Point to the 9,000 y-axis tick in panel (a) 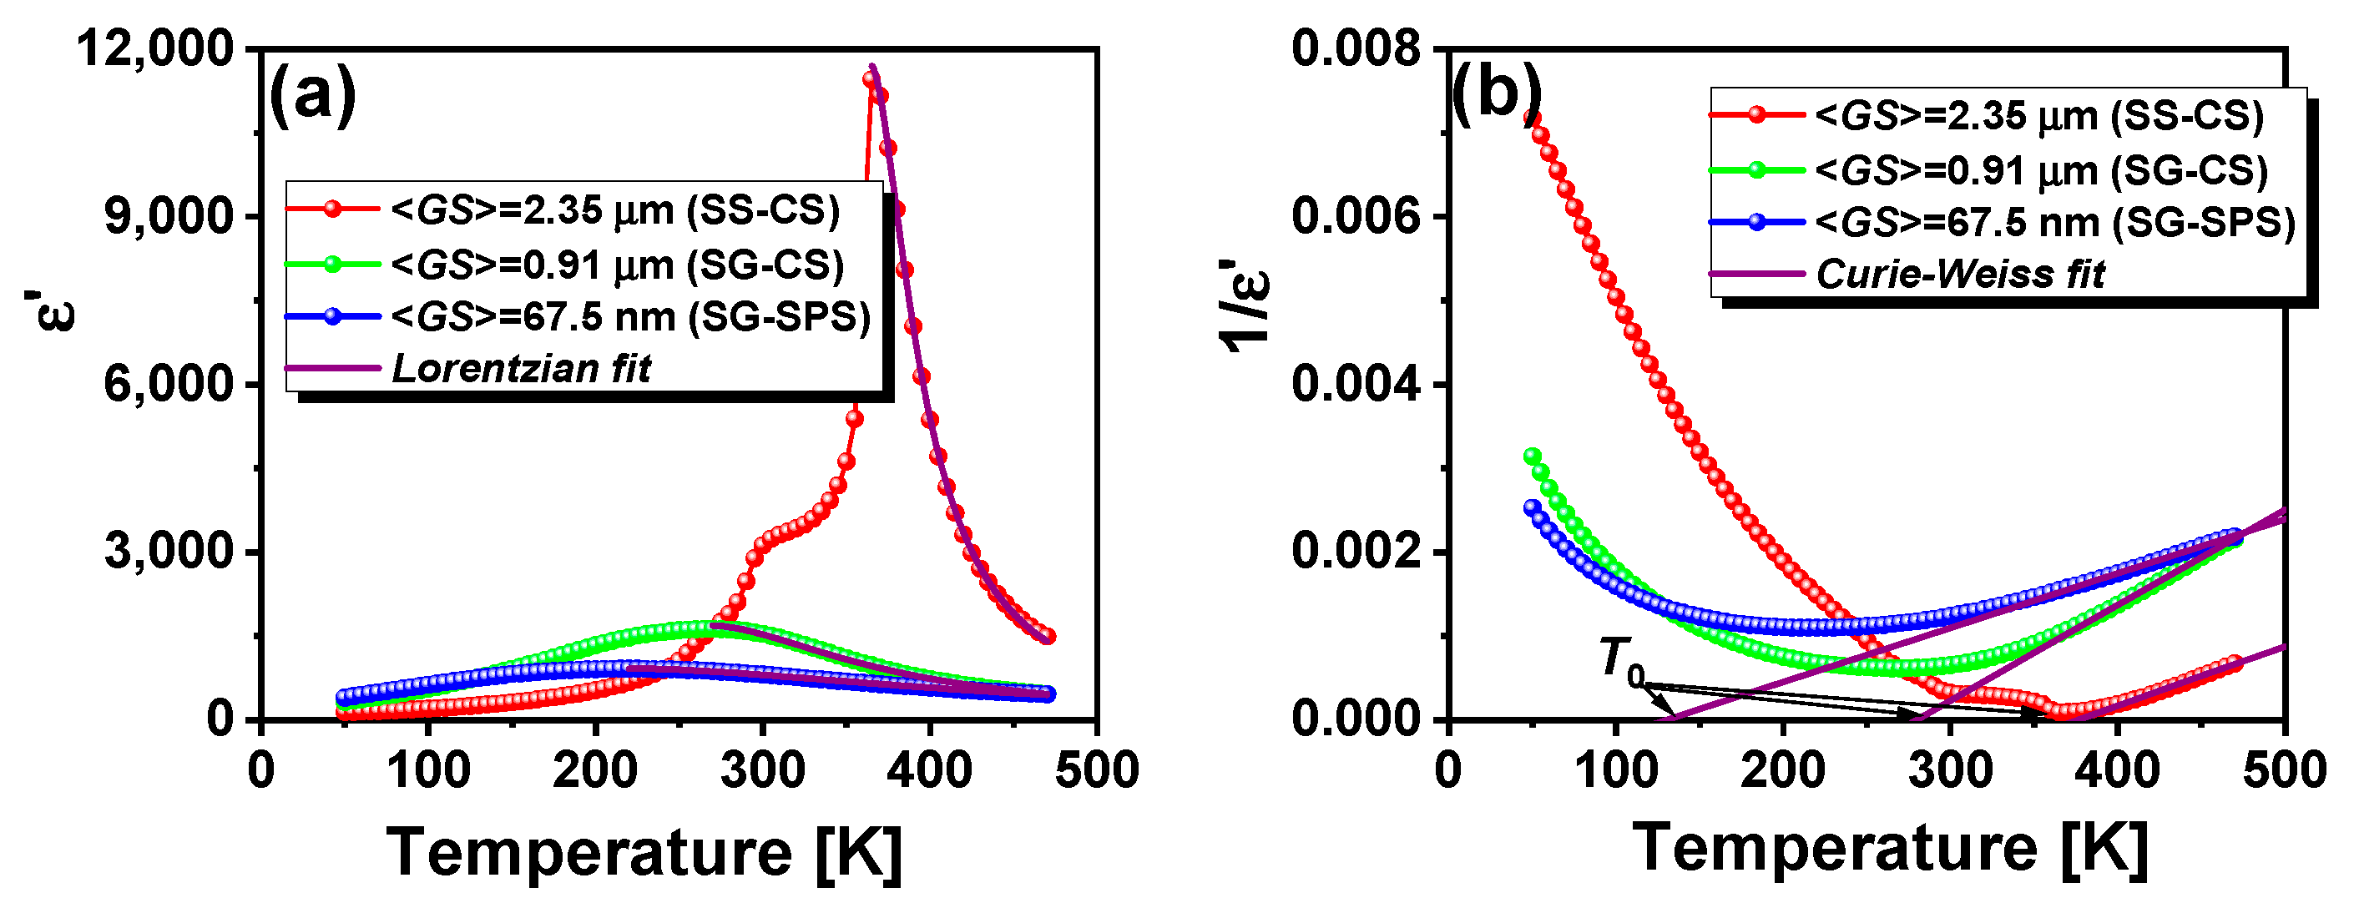pos(169,217)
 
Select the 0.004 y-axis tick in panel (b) pos(1357,384)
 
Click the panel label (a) pos(311,96)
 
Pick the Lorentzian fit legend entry pos(521,368)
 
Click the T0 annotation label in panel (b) pos(1621,659)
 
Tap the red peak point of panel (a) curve pos(870,79)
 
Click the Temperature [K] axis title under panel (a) pos(644,852)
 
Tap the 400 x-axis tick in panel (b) pos(2117,769)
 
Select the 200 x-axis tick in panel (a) pos(595,769)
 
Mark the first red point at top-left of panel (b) pos(1533,117)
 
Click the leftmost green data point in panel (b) pos(1533,456)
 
